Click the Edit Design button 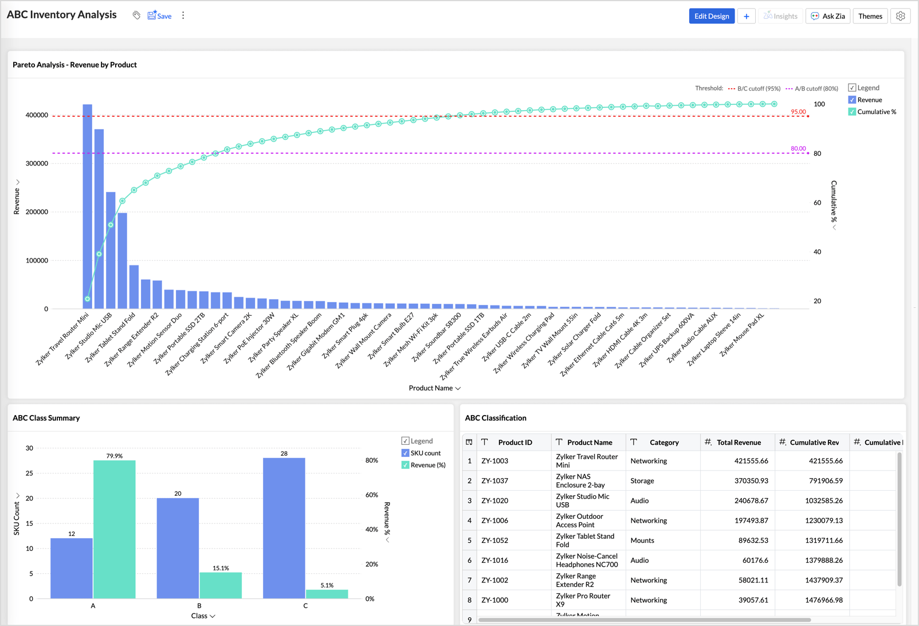coord(712,16)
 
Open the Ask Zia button coord(827,16)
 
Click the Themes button coord(870,16)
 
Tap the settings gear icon coord(900,16)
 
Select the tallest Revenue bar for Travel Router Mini coord(88,206)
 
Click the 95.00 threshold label coord(798,112)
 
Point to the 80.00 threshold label coord(798,148)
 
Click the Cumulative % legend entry coord(872,112)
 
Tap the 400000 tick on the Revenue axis coord(37,115)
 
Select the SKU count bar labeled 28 coord(284,528)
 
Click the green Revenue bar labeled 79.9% coord(115,529)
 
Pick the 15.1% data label coord(221,568)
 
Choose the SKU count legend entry coord(421,453)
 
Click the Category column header coord(664,442)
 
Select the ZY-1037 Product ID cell coord(495,481)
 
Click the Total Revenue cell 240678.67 coord(751,500)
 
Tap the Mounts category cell coord(642,540)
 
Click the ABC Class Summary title coord(46,418)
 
